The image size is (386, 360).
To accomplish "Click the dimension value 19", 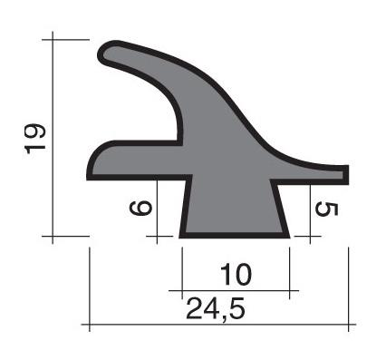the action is click(x=34, y=139).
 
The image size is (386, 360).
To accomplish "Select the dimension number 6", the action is click(x=140, y=208).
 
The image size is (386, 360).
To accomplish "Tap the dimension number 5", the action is click(x=326, y=209).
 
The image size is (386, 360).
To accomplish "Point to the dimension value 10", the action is click(x=236, y=275).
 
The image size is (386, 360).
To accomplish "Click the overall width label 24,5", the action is click(x=216, y=308).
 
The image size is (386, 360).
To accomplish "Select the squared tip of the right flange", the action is click(x=346, y=175).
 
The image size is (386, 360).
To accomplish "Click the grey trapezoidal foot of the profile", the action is click(x=235, y=209).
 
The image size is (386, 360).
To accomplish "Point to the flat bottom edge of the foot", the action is click(x=235, y=236).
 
